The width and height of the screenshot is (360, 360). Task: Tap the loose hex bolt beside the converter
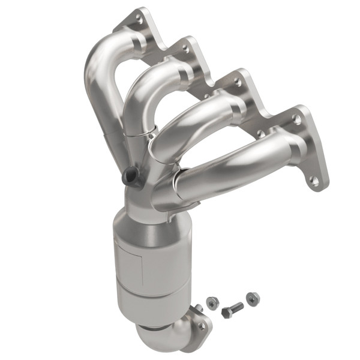(x=232, y=310)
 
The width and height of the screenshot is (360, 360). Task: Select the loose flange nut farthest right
(x=253, y=298)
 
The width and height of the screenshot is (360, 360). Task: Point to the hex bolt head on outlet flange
(x=202, y=326)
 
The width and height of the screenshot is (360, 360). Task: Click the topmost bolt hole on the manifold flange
(x=140, y=19)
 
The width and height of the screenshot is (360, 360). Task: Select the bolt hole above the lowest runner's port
(x=296, y=119)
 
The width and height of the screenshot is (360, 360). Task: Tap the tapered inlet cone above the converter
(x=147, y=213)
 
